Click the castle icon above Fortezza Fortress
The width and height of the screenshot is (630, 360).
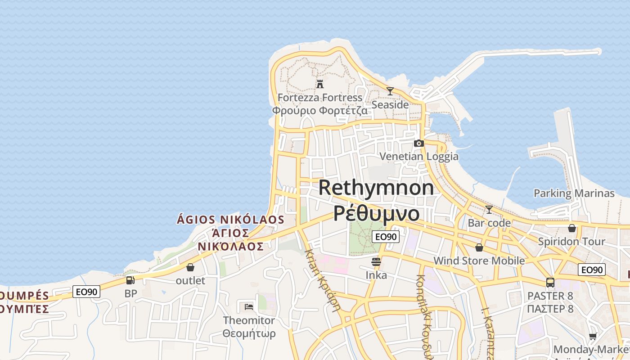point(320,84)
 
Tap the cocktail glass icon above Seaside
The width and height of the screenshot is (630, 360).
point(390,91)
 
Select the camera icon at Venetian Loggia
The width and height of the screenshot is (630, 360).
point(419,143)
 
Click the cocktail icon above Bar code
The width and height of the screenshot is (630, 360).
point(489,209)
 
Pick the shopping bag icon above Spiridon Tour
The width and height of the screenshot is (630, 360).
point(572,228)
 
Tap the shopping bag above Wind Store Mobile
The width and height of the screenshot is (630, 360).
point(479,247)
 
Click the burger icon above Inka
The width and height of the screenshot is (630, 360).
point(376,261)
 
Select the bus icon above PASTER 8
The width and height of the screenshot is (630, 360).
point(550,283)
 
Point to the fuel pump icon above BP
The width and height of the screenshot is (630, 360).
point(130,280)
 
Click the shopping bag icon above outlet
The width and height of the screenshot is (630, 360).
point(190,267)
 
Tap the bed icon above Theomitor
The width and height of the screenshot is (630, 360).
point(249,307)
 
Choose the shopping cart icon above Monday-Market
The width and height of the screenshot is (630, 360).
point(593,337)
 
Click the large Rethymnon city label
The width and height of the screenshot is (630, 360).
point(376,188)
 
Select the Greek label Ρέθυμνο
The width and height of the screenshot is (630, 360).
point(376,213)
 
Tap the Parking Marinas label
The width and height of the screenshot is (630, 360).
point(574,193)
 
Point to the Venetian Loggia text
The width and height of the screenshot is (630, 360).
point(419,157)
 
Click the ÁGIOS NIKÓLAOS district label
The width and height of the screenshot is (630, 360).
point(230,220)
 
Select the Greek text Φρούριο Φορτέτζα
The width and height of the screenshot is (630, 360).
point(319,110)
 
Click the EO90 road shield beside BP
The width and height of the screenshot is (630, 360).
point(86,292)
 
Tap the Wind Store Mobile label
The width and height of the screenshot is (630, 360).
point(479,261)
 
